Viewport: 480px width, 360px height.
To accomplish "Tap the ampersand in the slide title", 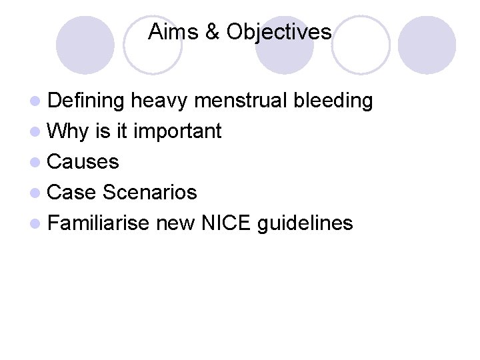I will pos(213,32).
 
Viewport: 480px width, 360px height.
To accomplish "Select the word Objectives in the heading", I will pos(279,32).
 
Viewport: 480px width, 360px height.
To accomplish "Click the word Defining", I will pos(87,101).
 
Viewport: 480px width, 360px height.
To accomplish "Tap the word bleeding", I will pos(333,101).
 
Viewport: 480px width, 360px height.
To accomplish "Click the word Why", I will pos(68,131).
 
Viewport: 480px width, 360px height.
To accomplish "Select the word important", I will pos(177,131).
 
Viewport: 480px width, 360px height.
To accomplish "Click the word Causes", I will pos(83,162).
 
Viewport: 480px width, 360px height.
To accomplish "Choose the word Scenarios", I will pos(149,193).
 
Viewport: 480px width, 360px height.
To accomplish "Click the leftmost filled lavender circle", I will pos(85,45).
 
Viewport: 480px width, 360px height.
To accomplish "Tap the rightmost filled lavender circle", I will pos(427,45).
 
